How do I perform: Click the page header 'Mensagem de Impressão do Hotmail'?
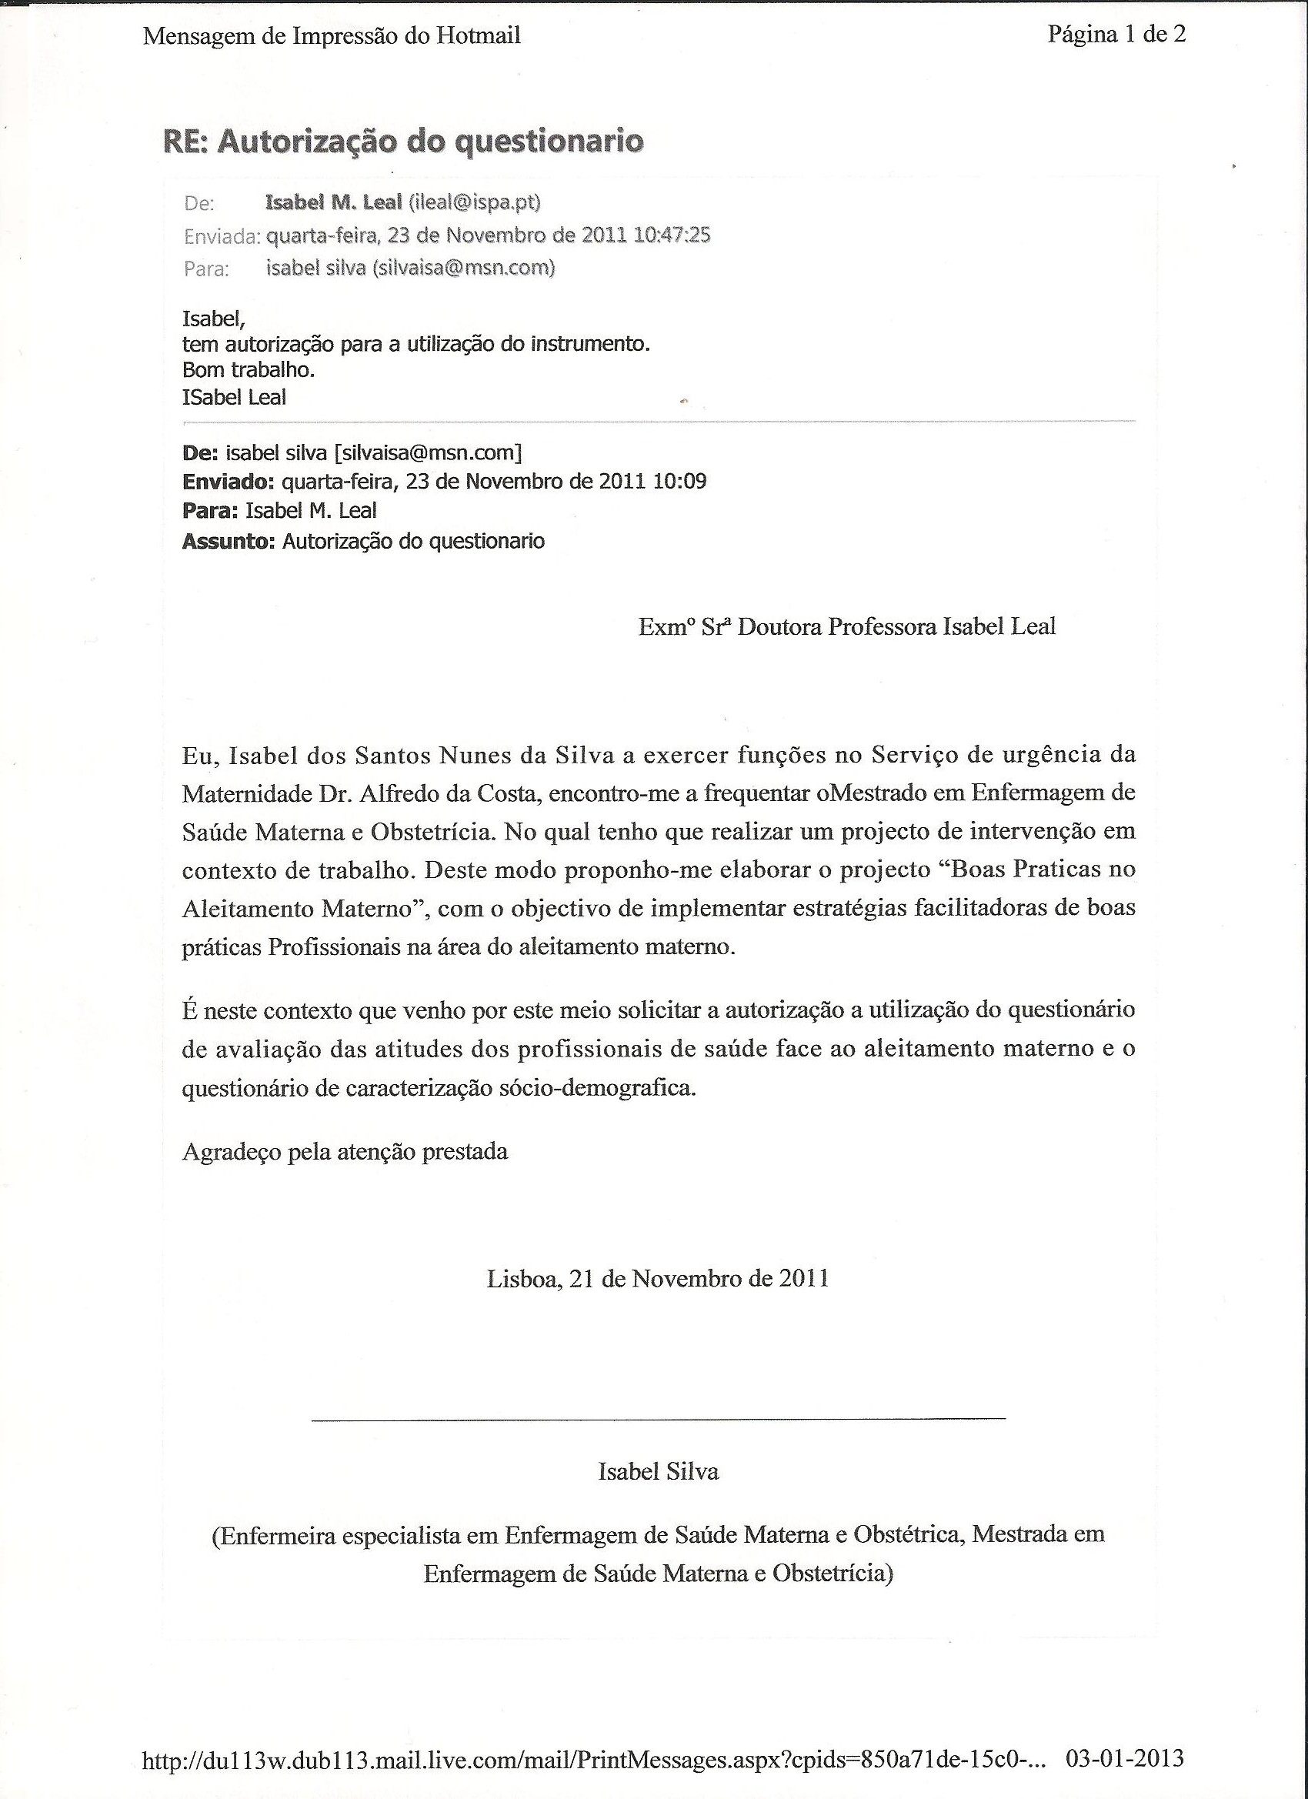click(x=332, y=36)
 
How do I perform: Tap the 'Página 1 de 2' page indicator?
click(x=1116, y=34)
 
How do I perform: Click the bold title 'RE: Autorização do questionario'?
click(x=403, y=141)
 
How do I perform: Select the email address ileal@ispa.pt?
click(x=474, y=203)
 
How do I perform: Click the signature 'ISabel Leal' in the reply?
click(x=234, y=397)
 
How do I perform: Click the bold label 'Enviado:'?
click(x=229, y=482)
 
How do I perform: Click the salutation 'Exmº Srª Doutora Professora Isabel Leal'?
click(x=847, y=627)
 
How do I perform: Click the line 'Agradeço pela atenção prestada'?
click(x=345, y=1152)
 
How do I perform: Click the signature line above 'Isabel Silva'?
click(x=659, y=1418)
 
